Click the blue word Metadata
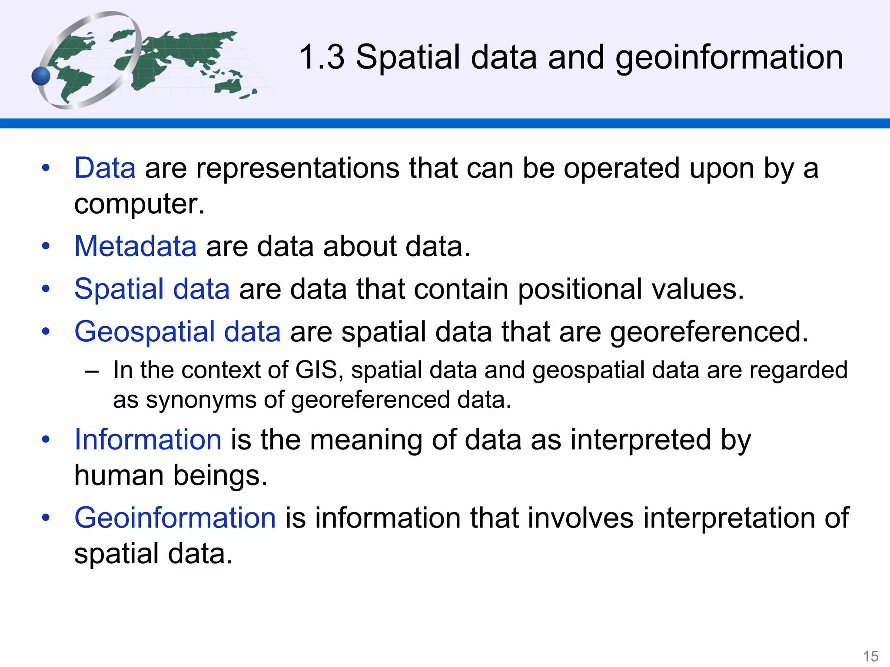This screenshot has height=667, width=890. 135,246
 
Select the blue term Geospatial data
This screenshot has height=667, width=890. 177,332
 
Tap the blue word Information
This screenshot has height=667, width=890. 148,439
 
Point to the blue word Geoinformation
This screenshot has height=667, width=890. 175,518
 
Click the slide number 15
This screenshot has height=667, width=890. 870,656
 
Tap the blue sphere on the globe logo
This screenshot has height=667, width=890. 41,76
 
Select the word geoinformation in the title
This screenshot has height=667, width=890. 729,58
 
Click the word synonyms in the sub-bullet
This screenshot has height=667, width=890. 201,400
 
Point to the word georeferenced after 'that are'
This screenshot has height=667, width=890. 709,332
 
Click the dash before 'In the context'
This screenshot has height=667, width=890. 92,372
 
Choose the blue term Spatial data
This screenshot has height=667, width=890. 152,289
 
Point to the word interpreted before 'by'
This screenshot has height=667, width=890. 641,439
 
